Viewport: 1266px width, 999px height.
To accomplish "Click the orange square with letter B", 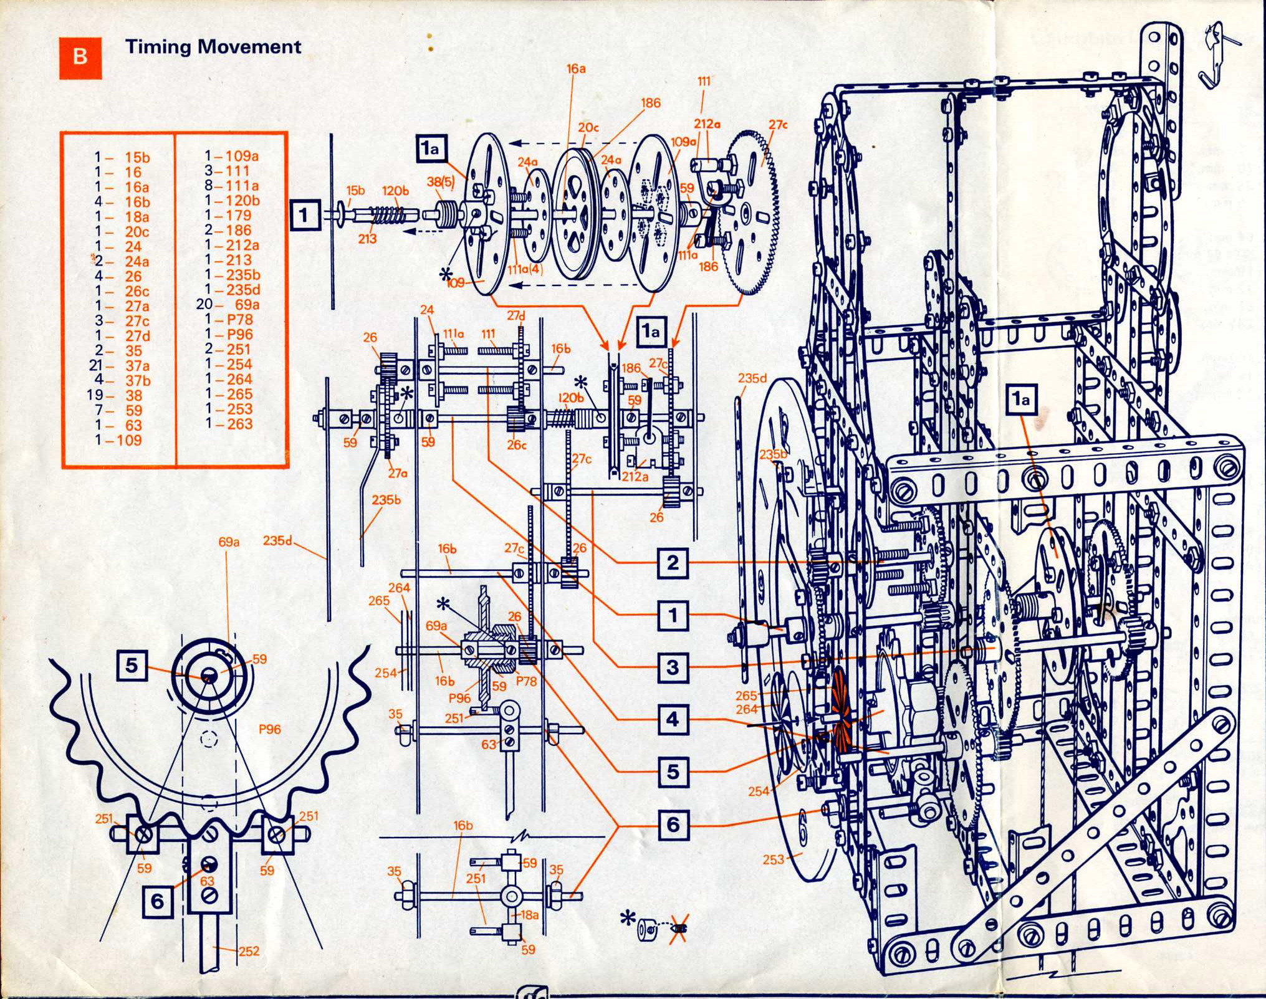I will point(80,58).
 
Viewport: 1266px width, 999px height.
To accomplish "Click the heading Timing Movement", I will point(213,47).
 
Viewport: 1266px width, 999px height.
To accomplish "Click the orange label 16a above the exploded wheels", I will point(576,69).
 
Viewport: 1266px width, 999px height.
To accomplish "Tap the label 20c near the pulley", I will point(588,128).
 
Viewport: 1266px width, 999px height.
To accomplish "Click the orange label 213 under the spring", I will point(367,238).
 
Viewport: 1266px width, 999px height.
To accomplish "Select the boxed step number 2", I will point(672,563).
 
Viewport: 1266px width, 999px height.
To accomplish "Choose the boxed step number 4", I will point(672,720).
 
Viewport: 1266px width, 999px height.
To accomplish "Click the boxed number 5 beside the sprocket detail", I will point(131,666).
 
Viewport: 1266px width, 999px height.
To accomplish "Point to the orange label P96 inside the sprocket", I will point(269,729).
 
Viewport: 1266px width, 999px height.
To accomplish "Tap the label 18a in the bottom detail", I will point(529,915).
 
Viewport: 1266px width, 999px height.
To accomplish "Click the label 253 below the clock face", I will point(773,859).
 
